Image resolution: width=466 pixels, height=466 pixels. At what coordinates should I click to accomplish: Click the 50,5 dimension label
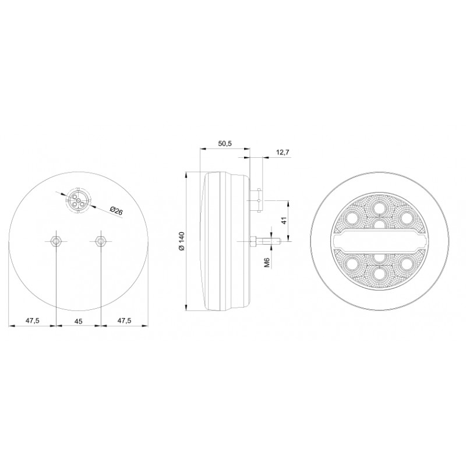pos(225,143)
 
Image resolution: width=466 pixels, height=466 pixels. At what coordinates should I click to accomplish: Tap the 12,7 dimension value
pos(283,153)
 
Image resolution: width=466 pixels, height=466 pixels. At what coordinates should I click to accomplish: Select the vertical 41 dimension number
pos(284,221)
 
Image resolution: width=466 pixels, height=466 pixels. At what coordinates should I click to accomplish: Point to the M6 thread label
pos(267,263)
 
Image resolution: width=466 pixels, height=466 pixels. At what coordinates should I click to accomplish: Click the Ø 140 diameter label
pos(182,241)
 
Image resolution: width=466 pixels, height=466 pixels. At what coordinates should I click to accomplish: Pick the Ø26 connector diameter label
pos(116,211)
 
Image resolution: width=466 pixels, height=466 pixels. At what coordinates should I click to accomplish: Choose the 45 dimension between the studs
pos(79,322)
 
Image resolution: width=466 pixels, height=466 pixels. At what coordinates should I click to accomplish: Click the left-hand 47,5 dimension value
pos(33,320)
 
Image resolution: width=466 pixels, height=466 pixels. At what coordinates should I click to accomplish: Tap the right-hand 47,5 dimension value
pos(125,320)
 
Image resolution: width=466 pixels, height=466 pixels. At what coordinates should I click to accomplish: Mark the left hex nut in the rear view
pos(56,241)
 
